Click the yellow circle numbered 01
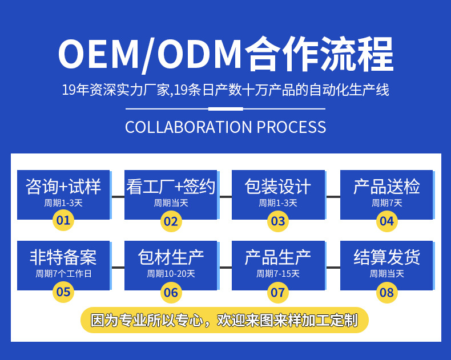click(63, 220)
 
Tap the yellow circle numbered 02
click(171, 221)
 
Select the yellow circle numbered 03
click(278, 221)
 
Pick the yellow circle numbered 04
click(386, 221)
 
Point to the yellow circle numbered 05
click(63, 292)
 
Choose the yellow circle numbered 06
click(171, 293)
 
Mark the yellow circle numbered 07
click(278, 293)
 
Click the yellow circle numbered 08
click(386, 293)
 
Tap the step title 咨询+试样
click(63, 187)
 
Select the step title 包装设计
click(278, 187)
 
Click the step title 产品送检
click(386, 187)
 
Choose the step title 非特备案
click(63, 258)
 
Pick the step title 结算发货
click(386, 258)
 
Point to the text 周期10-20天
click(171, 274)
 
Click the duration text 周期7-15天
click(278, 274)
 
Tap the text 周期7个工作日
click(63, 274)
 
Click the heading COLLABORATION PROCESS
click(226, 127)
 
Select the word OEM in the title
click(98, 55)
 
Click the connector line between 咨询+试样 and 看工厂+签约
click(118, 196)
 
